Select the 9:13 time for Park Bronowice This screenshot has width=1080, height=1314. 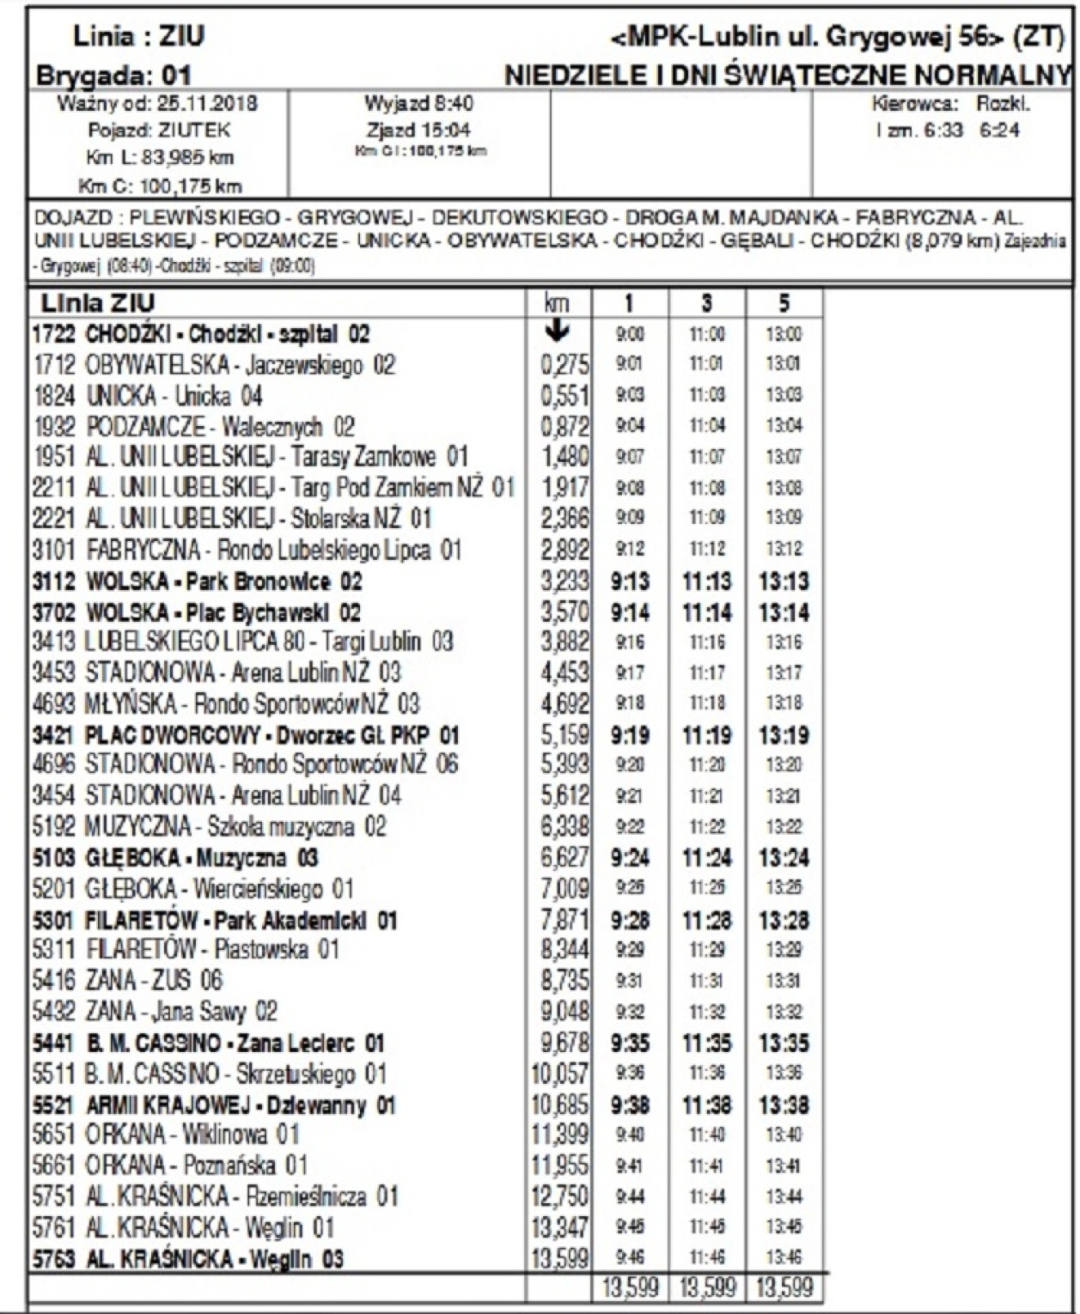point(630,581)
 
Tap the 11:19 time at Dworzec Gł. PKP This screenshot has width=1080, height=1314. point(706,735)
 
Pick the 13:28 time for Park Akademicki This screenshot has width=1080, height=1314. point(784,921)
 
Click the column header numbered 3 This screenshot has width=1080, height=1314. point(706,302)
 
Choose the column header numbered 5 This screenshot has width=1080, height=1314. point(784,302)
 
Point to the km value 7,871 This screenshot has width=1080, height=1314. point(564,921)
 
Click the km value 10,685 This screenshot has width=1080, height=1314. point(559,1104)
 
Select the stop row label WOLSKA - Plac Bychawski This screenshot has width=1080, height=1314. point(197,612)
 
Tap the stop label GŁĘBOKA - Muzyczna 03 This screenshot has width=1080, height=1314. point(175,858)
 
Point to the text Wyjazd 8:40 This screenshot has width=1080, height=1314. point(419,105)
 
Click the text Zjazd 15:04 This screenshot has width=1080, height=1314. point(419,131)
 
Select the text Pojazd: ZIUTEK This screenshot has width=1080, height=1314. point(159,131)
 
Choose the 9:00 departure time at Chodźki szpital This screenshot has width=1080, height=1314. point(630,334)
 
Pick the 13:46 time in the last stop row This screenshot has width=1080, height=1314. point(784,1258)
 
